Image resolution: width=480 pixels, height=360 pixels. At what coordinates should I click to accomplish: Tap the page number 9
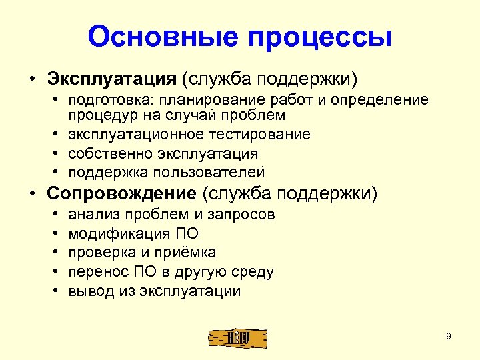tap(449, 337)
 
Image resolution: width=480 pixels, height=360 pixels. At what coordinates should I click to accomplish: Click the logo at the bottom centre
tap(238, 337)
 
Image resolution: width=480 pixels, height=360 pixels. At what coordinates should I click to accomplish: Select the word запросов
tap(241, 215)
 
